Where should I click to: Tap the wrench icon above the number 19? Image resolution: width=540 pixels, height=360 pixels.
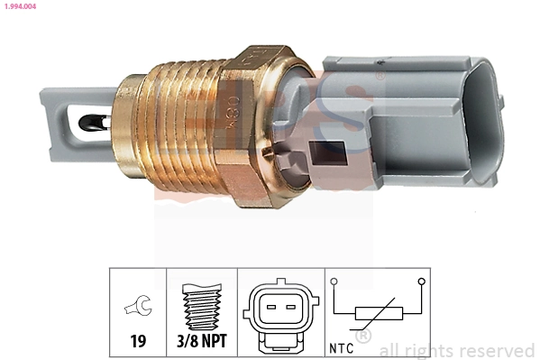pyautogui.click(x=138, y=308)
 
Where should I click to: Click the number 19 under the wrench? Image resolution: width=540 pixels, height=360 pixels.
pyautogui.click(x=138, y=343)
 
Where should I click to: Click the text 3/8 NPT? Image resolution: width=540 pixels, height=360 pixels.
pyautogui.click(x=201, y=343)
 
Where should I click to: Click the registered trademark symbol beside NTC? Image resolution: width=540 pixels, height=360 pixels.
pyautogui.click(x=363, y=337)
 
